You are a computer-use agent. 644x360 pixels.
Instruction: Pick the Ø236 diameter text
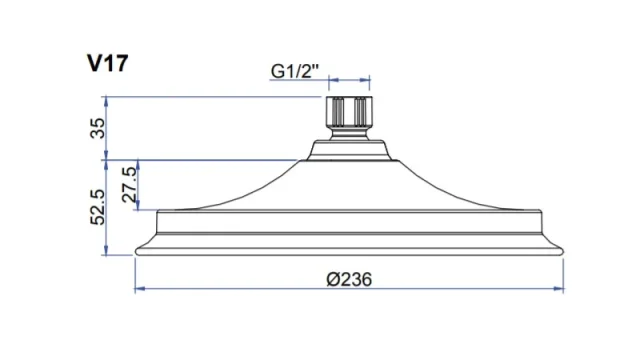point(348,279)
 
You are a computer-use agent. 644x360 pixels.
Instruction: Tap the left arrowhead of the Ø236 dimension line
point(139,290)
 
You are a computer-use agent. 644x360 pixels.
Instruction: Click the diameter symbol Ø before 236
point(331,279)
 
